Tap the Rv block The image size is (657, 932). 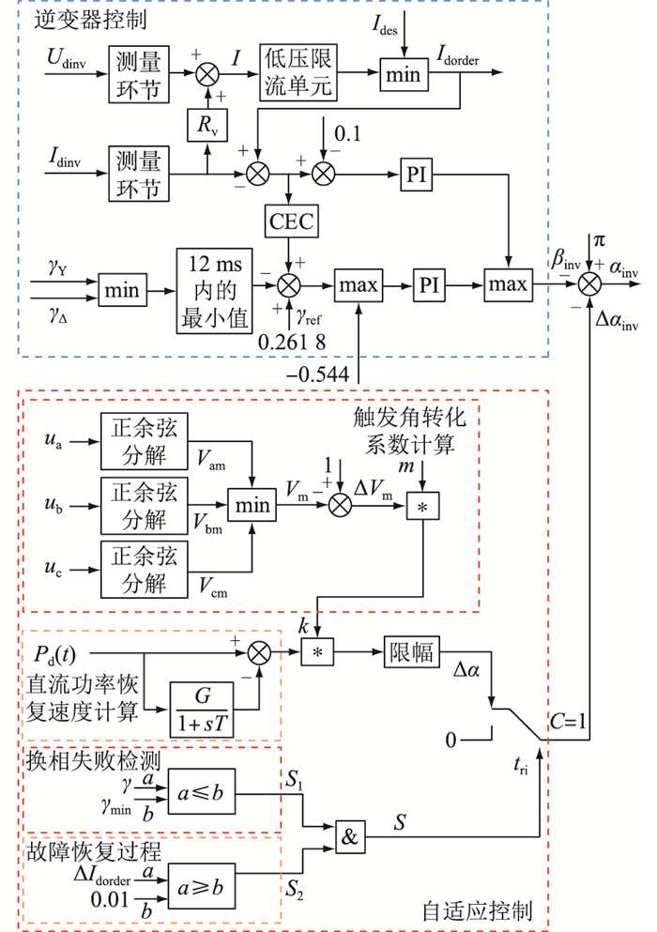[206, 125]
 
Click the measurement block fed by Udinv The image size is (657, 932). [140, 73]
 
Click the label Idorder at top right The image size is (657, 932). [458, 59]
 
